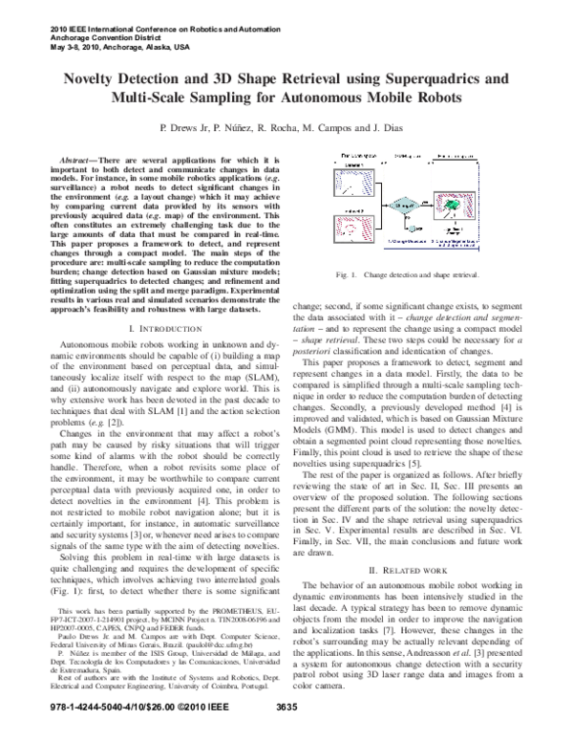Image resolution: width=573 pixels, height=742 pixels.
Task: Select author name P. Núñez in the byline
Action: [248, 126]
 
